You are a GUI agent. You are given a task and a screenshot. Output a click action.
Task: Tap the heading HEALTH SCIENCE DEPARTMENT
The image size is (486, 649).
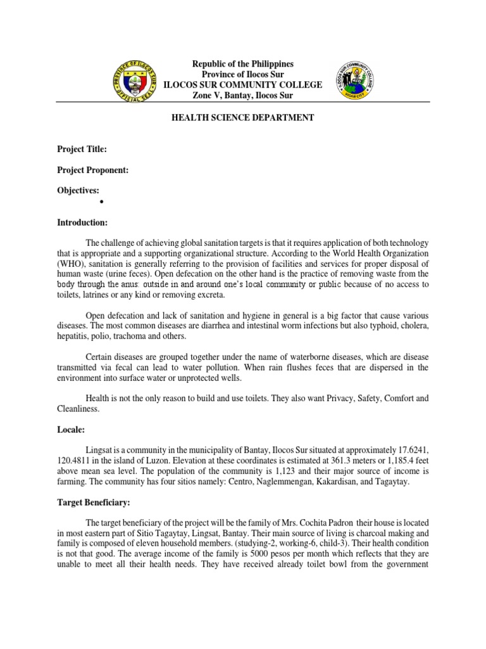243,117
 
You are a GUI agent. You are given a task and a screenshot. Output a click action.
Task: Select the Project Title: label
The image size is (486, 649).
82,149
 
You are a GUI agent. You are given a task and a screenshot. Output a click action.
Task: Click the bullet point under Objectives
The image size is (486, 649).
101,202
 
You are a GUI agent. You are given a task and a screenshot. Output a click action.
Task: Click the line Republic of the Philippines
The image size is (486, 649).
244,65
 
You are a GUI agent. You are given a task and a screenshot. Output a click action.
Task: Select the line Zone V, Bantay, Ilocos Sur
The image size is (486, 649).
244,95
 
